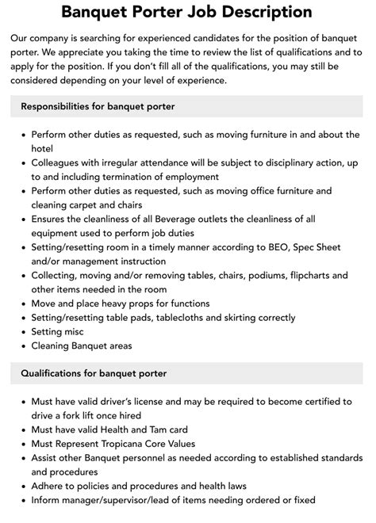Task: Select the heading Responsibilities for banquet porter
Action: click(x=98, y=106)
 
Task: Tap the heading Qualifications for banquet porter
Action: click(x=94, y=372)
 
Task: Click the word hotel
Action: click(x=45, y=149)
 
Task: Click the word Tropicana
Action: click(x=125, y=444)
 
